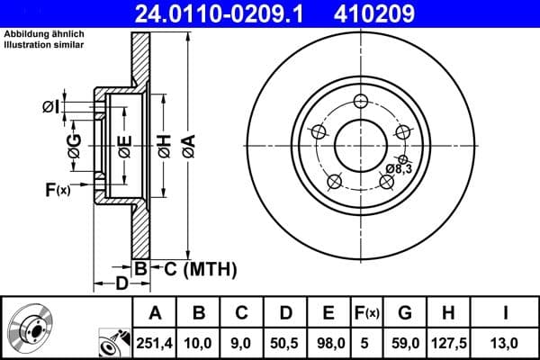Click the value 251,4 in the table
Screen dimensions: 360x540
coord(155,343)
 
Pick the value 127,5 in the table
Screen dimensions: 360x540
coord(447,343)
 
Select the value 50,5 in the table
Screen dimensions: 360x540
coord(286,343)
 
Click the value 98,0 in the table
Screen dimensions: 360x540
coord(329,343)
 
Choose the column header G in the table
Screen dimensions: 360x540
coord(405,313)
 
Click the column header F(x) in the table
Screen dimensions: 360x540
coord(367,313)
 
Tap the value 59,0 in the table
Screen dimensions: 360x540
coord(405,343)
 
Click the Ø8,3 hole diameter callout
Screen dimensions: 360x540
coord(399,168)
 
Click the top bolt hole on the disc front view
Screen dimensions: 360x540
coord(361,100)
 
